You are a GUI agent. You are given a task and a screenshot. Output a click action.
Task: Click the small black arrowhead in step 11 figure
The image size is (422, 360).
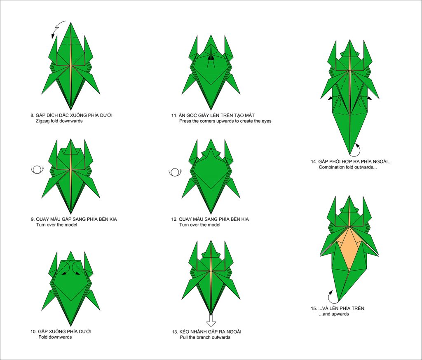211,57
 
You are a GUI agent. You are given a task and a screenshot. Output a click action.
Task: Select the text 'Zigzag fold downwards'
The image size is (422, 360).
59,121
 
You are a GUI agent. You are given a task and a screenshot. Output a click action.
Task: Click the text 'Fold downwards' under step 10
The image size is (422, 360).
55,337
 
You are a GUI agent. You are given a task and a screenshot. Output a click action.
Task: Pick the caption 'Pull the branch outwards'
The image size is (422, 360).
205,337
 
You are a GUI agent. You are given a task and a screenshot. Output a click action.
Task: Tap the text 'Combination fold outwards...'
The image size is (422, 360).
348,167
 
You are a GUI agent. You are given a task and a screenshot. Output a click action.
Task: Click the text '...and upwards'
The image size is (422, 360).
334,314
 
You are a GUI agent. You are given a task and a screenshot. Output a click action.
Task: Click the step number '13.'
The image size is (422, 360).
175,332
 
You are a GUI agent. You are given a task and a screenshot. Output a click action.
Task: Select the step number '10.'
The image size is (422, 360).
33,332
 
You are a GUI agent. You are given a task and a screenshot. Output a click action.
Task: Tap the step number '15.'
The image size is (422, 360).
314,309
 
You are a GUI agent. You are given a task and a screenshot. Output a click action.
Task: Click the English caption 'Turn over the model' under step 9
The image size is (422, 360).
57,225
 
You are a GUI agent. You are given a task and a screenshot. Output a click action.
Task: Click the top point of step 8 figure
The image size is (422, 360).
71,23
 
